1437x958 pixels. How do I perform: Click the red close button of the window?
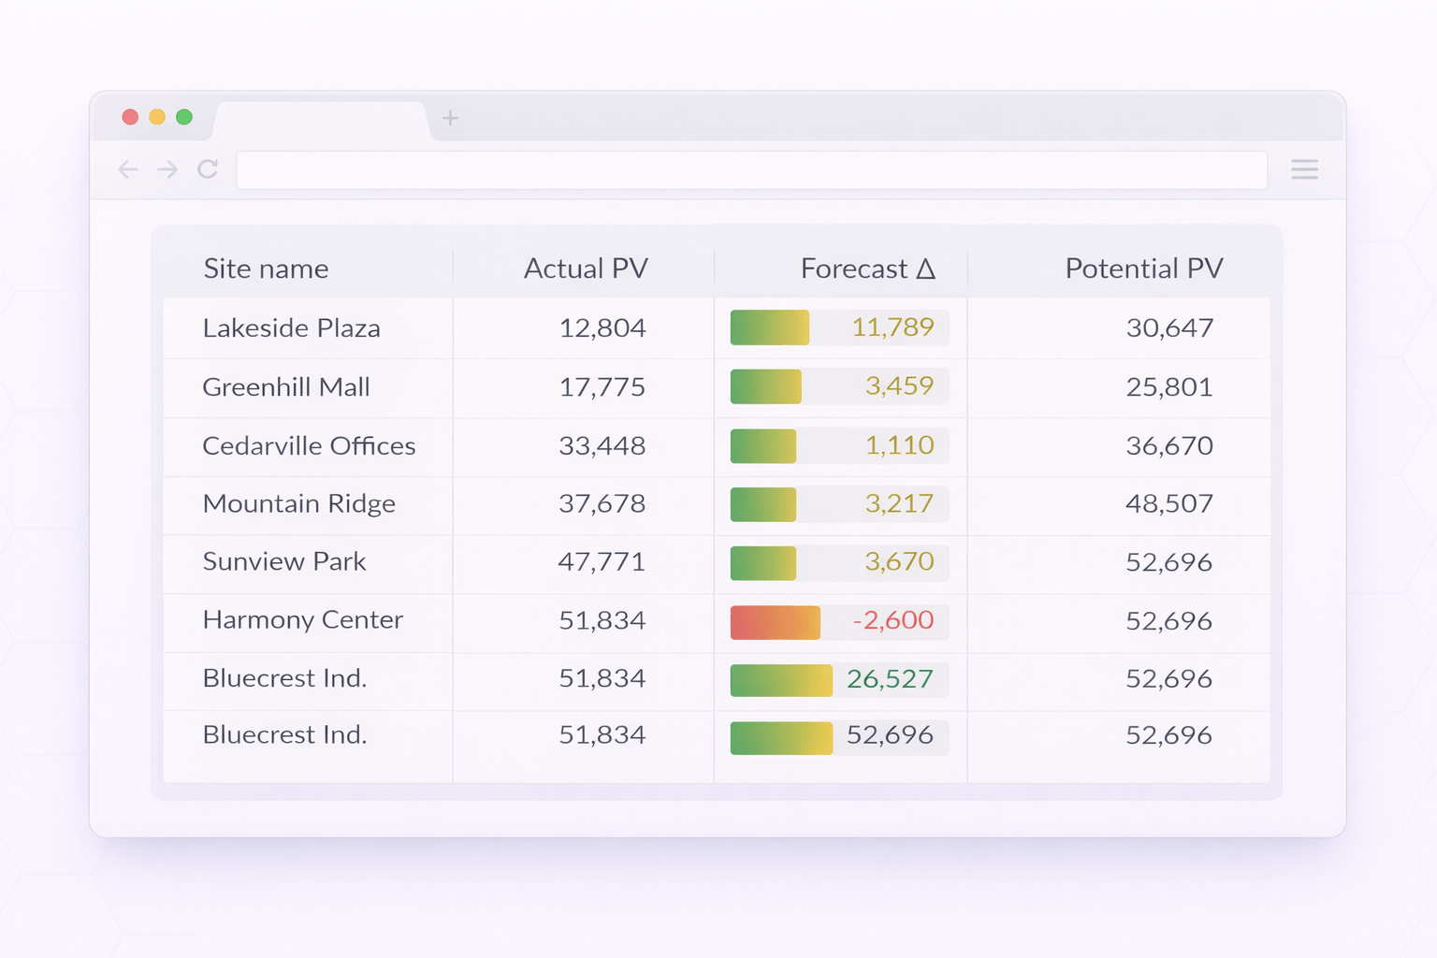(130, 117)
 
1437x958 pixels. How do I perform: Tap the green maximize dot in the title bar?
(184, 117)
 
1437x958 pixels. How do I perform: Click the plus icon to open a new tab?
(450, 118)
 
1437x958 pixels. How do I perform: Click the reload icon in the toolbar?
(208, 169)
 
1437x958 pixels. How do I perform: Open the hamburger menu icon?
(1304, 169)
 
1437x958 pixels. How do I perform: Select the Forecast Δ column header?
(867, 269)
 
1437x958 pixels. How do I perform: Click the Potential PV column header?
(1143, 269)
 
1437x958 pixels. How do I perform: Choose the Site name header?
(266, 269)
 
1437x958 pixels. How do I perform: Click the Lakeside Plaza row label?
(291, 328)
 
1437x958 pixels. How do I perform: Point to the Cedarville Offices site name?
(309, 446)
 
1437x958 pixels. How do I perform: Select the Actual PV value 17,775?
(602, 387)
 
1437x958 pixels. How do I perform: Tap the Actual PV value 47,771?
(602, 562)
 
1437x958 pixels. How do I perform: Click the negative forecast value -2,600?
(893, 620)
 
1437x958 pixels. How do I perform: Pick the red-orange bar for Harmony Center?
(775, 623)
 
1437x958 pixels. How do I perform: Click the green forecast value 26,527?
(889, 679)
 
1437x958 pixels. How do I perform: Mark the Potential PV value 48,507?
(1168, 504)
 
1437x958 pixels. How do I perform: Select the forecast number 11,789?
(893, 327)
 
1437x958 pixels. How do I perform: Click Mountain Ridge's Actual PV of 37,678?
(602, 504)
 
